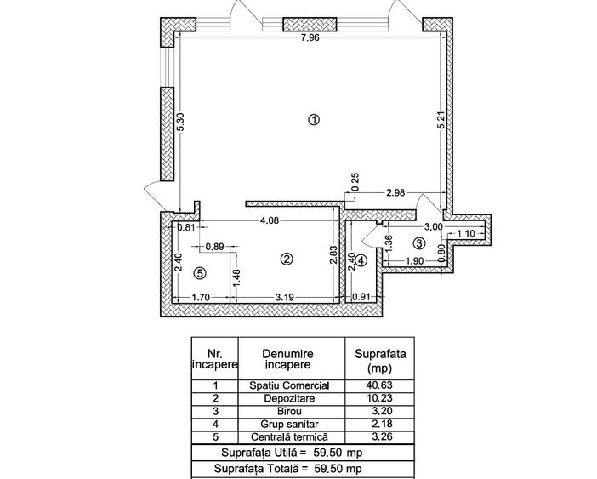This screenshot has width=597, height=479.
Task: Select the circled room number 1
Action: click(x=313, y=120)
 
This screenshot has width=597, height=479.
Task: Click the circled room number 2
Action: click(x=287, y=259)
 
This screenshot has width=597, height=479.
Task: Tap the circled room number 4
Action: click(x=361, y=260)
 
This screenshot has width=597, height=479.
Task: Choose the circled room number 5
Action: click(x=200, y=273)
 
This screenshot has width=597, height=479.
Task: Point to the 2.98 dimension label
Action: click(x=395, y=194)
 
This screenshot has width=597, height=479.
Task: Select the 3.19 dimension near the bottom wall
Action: click(x=285, y=297)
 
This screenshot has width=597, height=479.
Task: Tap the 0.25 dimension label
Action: click(x=355, y=182)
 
